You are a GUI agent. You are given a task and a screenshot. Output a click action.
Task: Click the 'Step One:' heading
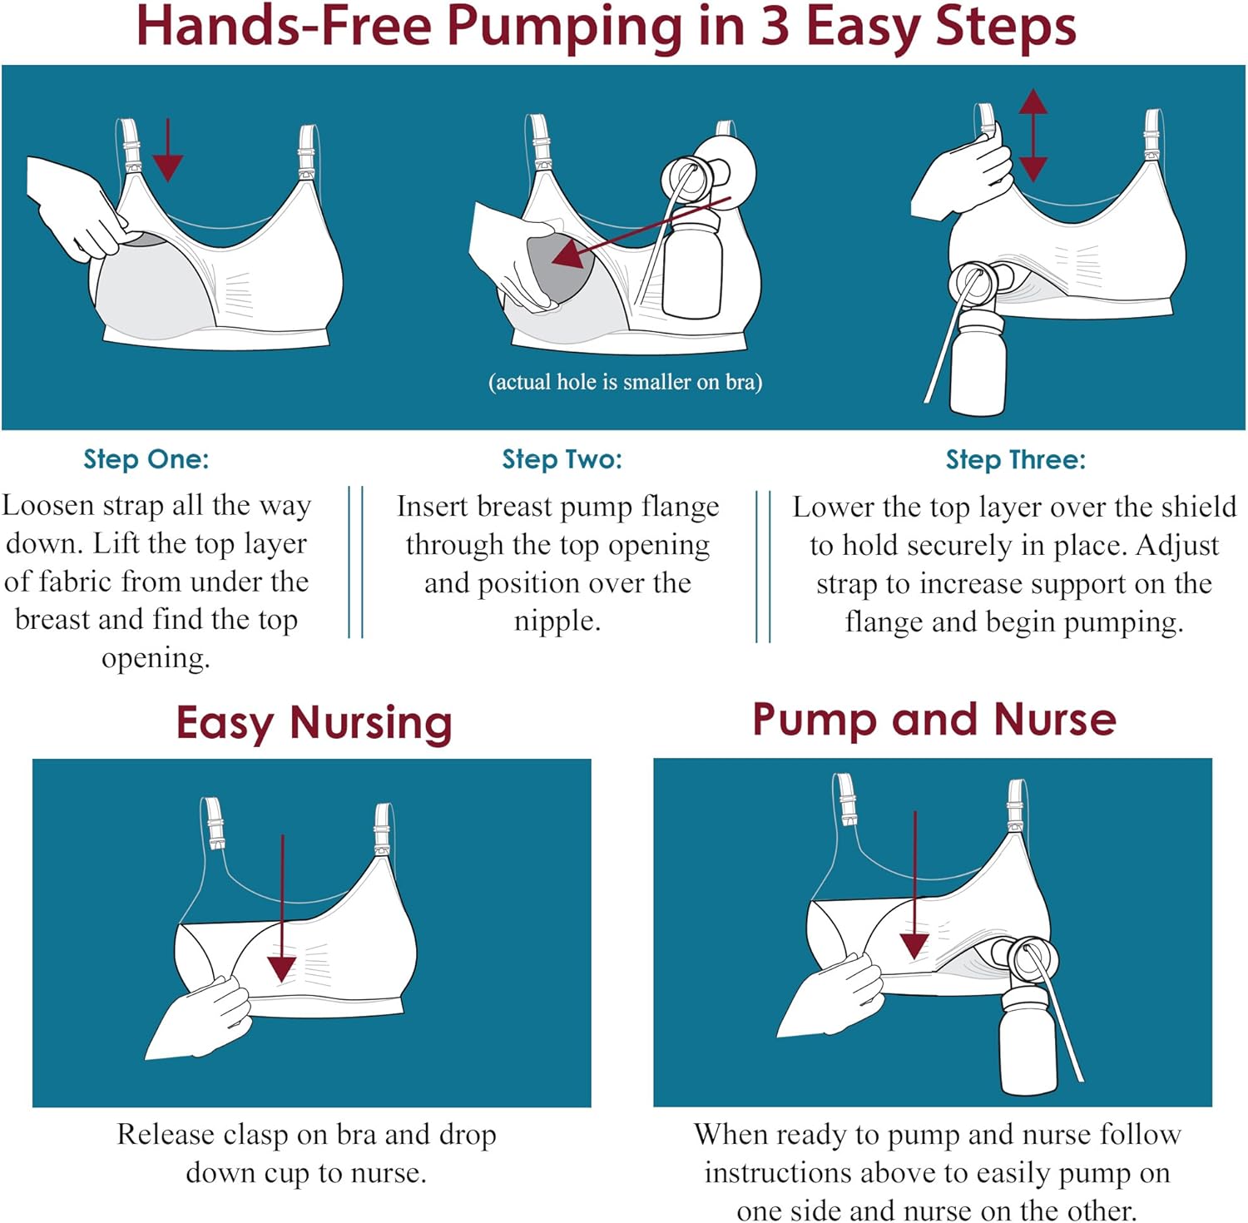pyautogui.click(x=146, y=459)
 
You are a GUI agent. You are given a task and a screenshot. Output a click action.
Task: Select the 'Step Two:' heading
pyautogui.click(x=562, y=459)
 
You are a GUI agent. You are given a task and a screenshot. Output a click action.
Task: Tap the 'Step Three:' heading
pyautogui.click(x=1015, y=459)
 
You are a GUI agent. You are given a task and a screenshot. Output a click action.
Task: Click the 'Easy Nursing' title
pyautogui.click(x=314, y=722)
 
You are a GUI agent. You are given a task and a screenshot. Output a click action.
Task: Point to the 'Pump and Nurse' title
pyautogui.click(x=934, y=720)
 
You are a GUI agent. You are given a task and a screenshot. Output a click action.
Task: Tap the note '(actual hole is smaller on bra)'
pyautogui.click(x=625, y=382)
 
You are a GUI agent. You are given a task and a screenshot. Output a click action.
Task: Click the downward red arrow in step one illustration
pyautogui.click(x=168, y=150)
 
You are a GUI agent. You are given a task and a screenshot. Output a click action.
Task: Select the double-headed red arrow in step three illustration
pyautogui.click(x=1033, y=135)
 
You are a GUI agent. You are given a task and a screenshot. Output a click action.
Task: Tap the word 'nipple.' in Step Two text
pyautogui.click(x=557, y=621)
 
